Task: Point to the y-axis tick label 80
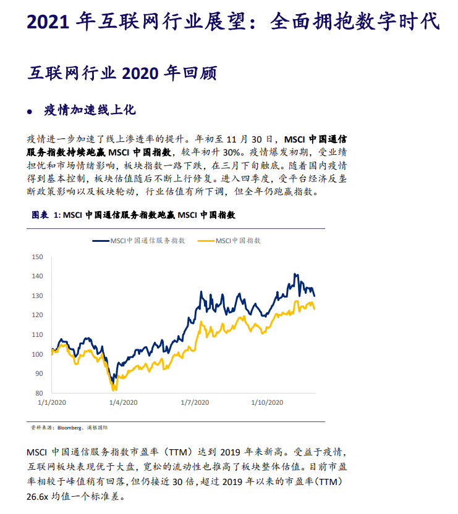(x=38, y=393)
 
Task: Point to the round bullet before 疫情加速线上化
(x=30, y=112)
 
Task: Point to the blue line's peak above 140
(x=295, y=274)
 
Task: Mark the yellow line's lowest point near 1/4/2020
(x=114, y=390)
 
